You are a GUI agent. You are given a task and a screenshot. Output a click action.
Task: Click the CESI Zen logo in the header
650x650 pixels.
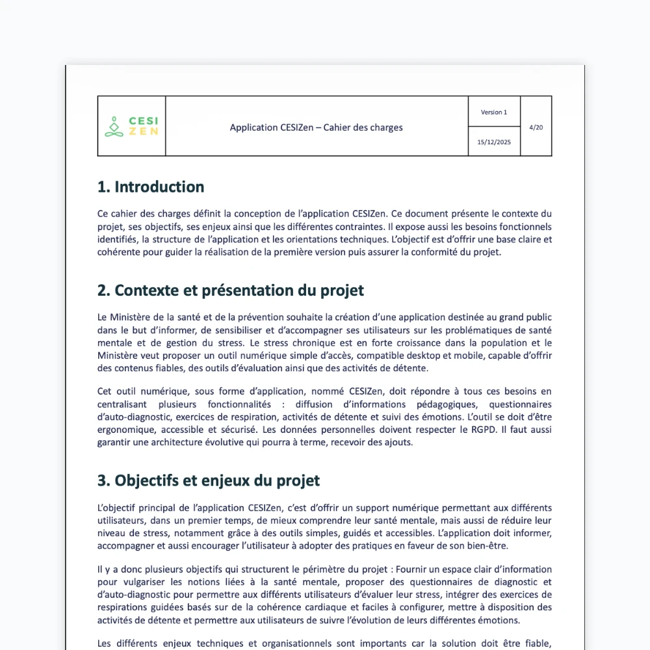[132, 127]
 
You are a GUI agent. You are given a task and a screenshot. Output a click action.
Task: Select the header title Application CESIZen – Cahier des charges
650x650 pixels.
[316, 127]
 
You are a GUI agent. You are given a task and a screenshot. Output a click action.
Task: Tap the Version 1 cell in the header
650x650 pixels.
[494, 112]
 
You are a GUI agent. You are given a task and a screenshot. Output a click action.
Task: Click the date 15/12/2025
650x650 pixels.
[494, 142]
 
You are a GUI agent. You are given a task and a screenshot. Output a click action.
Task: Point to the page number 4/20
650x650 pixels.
[536, 127]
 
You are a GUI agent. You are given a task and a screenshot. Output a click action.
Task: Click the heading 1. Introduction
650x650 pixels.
[151, 187]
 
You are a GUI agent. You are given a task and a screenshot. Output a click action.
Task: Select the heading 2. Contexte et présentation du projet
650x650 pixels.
[231, 291]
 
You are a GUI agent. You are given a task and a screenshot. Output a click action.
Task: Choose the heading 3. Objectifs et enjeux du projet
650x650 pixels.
[209, 481]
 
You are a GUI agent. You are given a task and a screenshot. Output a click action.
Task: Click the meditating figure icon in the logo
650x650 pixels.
[114, 127]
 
